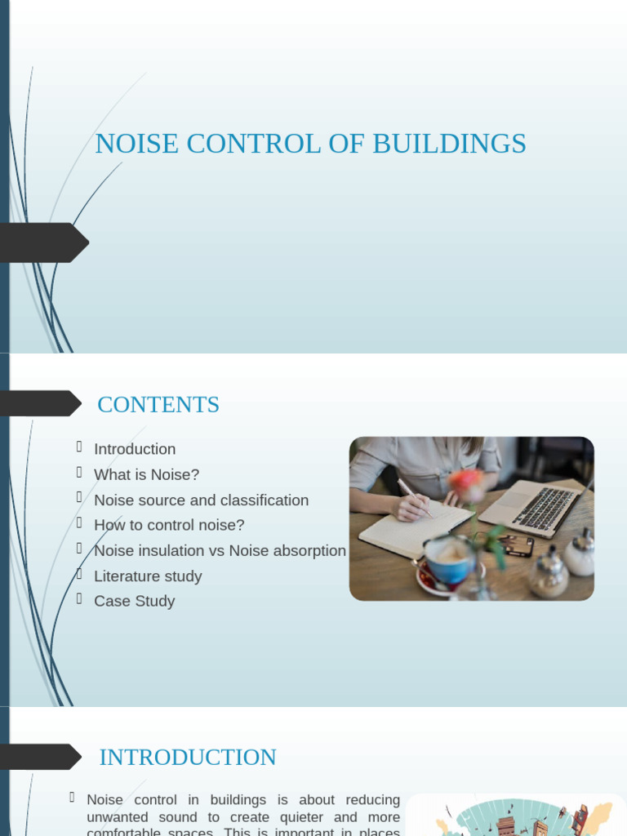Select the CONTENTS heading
[x=158, y=405]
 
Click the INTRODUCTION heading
[x=188, y=758]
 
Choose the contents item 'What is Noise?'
[x=146, y=474]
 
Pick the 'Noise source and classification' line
[x=201, y=500]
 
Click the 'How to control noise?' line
[x=169, y=525]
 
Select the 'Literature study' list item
[x=148, y=576]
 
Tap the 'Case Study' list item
[x=134, y=601]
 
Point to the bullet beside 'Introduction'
[x=79, y=447]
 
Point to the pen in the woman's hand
[x=413, y=496]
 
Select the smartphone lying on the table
[x=515, y=545]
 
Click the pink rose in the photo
[x=466, y=483]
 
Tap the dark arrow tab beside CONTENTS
[x=41, y=403]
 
